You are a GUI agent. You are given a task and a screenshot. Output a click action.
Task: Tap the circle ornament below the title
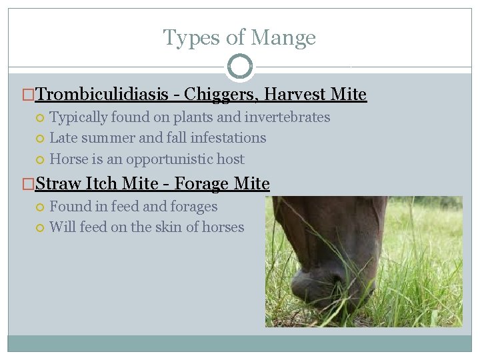click(240, 67)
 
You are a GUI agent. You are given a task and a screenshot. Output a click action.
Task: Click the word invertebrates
click(290, 117)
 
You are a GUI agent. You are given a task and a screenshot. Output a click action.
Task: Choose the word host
click(230, 159)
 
